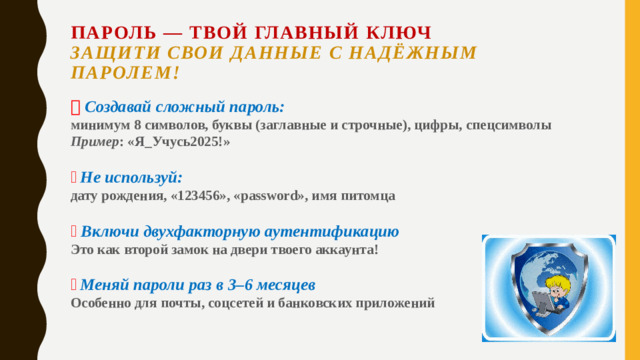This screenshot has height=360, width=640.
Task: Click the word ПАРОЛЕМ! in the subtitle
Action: pos(125,72)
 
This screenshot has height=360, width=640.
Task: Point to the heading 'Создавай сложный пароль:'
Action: pos(185,106)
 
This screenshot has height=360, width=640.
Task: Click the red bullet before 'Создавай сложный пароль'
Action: pos(76,107)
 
